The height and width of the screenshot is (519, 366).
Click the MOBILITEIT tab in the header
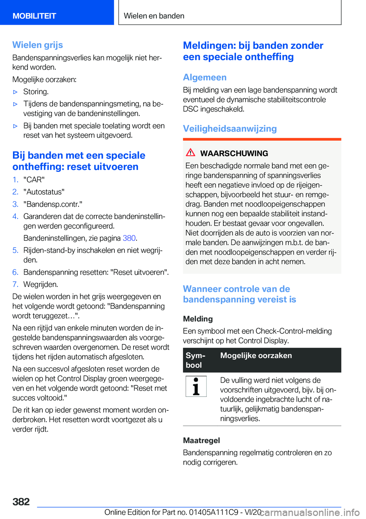pos(34,16)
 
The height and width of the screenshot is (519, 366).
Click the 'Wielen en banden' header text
pos(154,16)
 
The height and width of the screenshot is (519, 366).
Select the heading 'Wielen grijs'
pos(38,45)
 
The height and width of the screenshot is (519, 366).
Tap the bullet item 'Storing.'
pos(36,92)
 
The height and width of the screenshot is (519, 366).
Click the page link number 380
pos(129,238)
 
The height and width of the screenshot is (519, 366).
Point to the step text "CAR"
pos(34,180)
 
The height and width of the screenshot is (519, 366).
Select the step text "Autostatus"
pos(44,192)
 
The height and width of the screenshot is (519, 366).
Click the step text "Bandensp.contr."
pos(53,204)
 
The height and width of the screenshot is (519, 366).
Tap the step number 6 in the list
pos(15,272)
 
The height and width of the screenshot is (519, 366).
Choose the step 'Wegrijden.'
pos(41,285)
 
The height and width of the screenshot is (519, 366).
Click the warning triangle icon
pos(191,153)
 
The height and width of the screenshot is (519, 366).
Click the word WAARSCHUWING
pos(234,154)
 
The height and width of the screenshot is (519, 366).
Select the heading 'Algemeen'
pos(205,77)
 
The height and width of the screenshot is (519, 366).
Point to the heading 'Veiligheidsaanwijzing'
pos(230,129)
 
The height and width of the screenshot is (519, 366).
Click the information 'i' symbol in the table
pos(196,386)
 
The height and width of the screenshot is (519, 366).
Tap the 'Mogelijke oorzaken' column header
pos(256,356)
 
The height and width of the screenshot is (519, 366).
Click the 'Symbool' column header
pos(196,360)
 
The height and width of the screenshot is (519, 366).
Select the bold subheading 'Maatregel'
pos(201,441)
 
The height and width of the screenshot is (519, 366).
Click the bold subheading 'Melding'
pos(198,319)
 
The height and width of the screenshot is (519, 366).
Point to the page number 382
pos(21,502)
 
